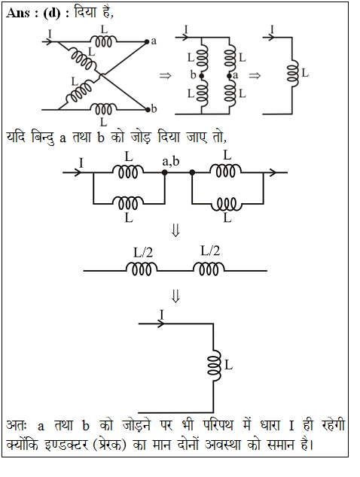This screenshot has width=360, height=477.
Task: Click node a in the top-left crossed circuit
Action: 147,41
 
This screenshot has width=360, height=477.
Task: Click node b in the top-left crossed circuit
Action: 148,109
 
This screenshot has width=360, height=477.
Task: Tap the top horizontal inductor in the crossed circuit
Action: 103,41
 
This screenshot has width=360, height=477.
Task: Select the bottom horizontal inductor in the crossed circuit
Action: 103,108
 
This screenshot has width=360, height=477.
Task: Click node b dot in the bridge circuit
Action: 201,76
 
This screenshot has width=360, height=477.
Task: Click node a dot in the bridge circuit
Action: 230,76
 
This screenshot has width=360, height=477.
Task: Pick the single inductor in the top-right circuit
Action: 293,73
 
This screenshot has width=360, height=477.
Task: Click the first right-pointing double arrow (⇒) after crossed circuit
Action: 166,75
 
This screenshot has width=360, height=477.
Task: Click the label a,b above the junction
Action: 170,161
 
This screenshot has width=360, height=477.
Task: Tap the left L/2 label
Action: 143,253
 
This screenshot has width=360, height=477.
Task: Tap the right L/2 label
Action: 210,251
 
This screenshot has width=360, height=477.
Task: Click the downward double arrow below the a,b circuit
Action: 175,230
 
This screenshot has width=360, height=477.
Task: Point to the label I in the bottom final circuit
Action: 162,314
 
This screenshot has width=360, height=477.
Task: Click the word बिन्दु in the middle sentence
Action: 43,138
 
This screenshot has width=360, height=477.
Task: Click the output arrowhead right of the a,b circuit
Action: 272,172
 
